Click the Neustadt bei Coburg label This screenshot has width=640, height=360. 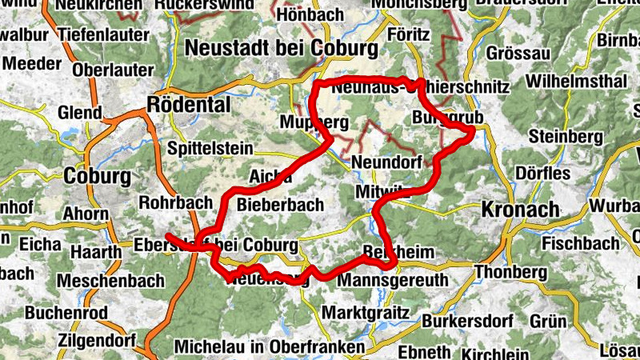[281, 49]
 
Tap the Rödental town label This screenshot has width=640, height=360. [189, 105]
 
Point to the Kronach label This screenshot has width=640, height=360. [520, 210]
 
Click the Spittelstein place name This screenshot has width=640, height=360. [211, 149]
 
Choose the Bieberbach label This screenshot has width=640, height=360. [281, 205]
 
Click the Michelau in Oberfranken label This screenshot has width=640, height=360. [269, 347]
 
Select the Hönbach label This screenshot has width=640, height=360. [310, 14]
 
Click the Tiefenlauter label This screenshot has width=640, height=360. [104, 35]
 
